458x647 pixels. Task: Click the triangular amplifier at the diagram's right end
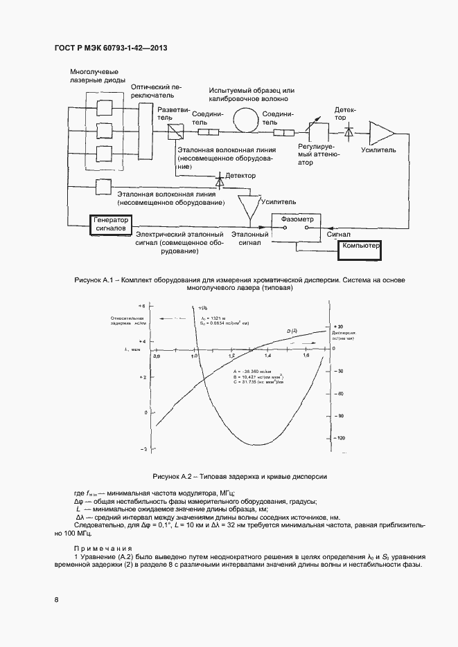point(381,131)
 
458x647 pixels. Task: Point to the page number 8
point(56,599)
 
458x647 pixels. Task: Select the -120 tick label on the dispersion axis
point(340,438)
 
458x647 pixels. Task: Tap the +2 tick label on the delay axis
point(142,377)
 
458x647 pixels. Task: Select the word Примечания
point(98,546)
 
